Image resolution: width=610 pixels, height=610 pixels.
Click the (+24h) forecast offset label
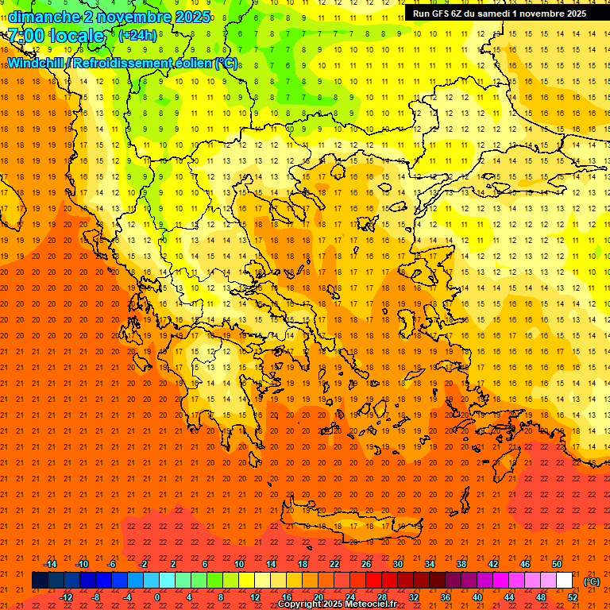(137, 36)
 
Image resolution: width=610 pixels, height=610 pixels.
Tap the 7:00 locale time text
(56, 36)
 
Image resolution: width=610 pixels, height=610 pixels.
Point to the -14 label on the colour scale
(50, 564)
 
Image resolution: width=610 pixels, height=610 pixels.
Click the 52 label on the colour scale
(573, 597)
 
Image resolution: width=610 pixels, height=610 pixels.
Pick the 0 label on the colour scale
(157, 597)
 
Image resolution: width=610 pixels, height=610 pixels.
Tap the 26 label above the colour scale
(366, 564)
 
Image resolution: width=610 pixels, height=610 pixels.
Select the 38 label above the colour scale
(461, 564)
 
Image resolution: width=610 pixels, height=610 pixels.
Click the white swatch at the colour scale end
(565, 581)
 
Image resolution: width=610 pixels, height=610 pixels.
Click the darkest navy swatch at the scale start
(40, 581)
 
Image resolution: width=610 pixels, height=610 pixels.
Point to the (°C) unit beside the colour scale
(592, 581)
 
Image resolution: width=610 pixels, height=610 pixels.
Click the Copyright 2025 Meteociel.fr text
(337, 604)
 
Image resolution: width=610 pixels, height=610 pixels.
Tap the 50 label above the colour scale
(557, 564)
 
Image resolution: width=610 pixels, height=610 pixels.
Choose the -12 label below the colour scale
(66, 597)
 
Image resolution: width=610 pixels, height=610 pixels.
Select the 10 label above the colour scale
(239, 564)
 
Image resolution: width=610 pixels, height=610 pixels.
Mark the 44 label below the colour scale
(509, 597)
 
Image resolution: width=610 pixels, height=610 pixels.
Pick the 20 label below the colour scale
(319, 597)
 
